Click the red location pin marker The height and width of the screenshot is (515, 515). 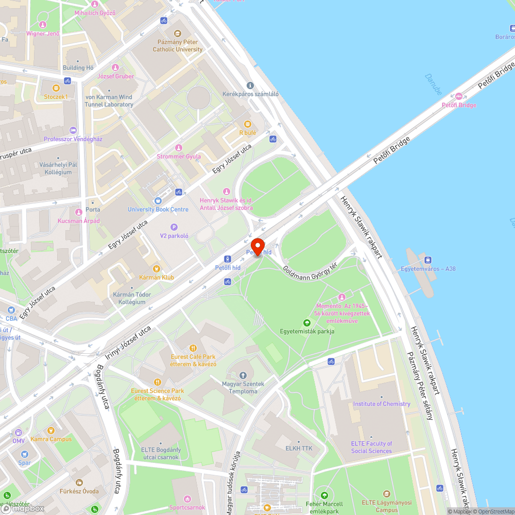[257, 246]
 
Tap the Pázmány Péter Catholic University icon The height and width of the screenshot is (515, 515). [178, 32]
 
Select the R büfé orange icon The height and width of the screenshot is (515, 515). [248, 124]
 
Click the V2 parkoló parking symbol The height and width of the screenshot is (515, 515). [174, 227]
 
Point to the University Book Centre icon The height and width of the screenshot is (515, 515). [158, 200]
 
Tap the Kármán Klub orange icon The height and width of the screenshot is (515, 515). [157, 268]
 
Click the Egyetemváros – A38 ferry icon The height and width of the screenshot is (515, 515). [428, 260]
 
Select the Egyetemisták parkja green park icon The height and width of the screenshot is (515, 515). [307, 322]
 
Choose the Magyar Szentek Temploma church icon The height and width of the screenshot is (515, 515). [243, 375]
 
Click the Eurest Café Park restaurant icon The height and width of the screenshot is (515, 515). [193, 348]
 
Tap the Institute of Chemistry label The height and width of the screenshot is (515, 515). [382, 404]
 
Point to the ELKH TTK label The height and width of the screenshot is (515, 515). [299, 449]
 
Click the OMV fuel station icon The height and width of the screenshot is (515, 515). [19, 432]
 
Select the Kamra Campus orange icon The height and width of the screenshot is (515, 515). [50, 430]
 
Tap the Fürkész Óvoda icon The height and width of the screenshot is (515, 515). [79, 483]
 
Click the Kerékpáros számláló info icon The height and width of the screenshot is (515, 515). [250, 85]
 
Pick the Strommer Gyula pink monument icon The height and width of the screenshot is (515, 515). [179, 148]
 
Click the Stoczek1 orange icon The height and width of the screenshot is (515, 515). [56, 88]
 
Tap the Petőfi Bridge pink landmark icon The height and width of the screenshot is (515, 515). [459, 96]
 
